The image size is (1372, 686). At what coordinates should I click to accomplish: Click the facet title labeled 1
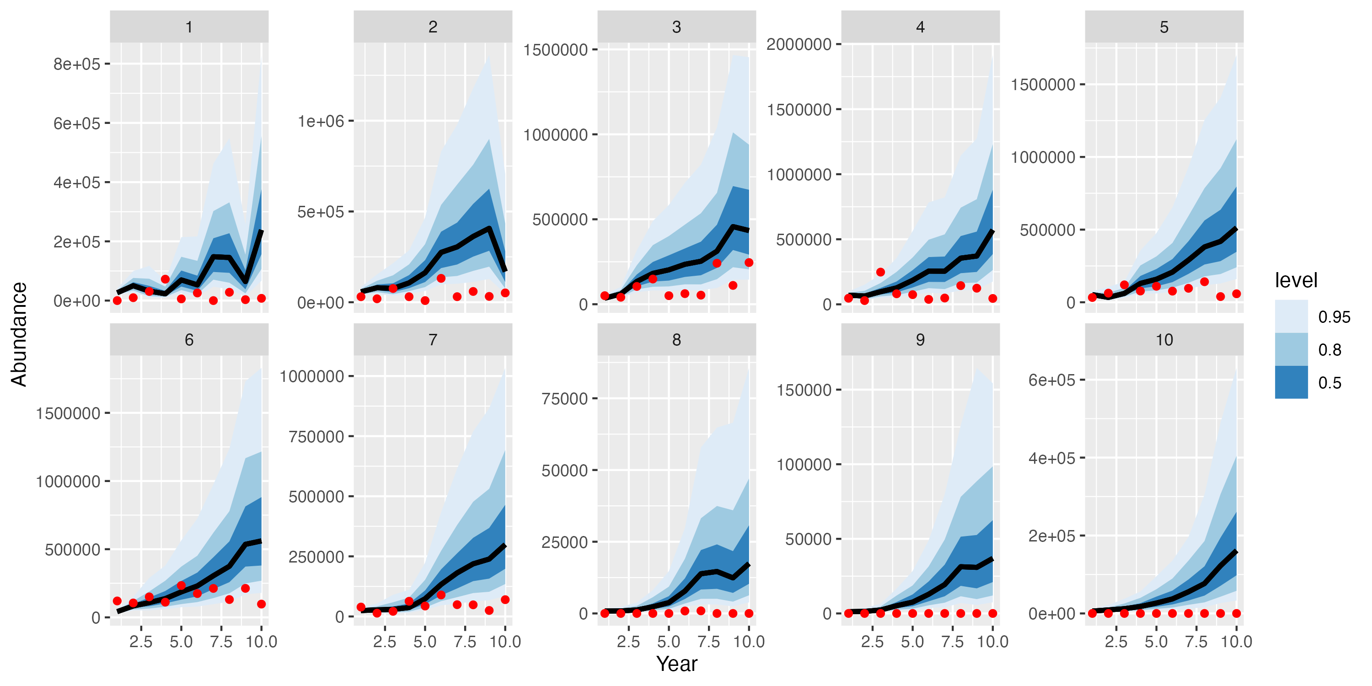[x=189, y=27]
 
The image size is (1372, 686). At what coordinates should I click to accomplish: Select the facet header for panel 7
[x=433, y=340]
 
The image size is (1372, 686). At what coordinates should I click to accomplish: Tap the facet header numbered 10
[x=1164, y=340]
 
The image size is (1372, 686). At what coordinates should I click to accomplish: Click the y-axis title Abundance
[x=19, y=334]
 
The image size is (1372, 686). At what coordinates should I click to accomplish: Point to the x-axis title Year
[x=676, y=664]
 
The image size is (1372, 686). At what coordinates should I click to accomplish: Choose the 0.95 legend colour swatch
[x=1291, y=316]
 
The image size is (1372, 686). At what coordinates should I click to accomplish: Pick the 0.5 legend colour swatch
[x=1291, y=382]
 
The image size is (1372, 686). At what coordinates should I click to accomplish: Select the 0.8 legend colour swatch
[x=1291, y=349]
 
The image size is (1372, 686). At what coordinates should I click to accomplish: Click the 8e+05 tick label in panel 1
[x=77, y=64]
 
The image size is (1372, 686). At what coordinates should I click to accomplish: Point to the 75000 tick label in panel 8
[x=564, y=398]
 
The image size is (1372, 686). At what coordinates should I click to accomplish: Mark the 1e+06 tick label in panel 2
[x=321, y=122]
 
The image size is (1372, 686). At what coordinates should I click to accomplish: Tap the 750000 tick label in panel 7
[x=316, y=437]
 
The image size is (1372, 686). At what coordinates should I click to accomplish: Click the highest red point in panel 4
[x=880, y=272]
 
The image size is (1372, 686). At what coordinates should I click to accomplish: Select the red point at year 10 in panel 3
[x=749, y=263]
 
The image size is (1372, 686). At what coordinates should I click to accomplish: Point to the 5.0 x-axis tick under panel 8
[x=669, y=641]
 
